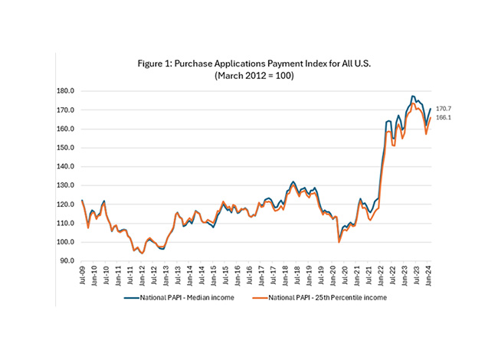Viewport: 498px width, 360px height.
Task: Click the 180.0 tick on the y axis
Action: click(x=67, y=91)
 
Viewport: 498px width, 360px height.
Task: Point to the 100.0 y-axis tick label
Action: click(x=67, y=242)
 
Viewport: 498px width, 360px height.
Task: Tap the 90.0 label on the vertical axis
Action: click(x=67, y=261)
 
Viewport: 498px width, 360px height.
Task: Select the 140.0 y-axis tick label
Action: click(x=67, y=167)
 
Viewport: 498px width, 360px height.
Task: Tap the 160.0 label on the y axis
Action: click(x=67, y=129)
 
